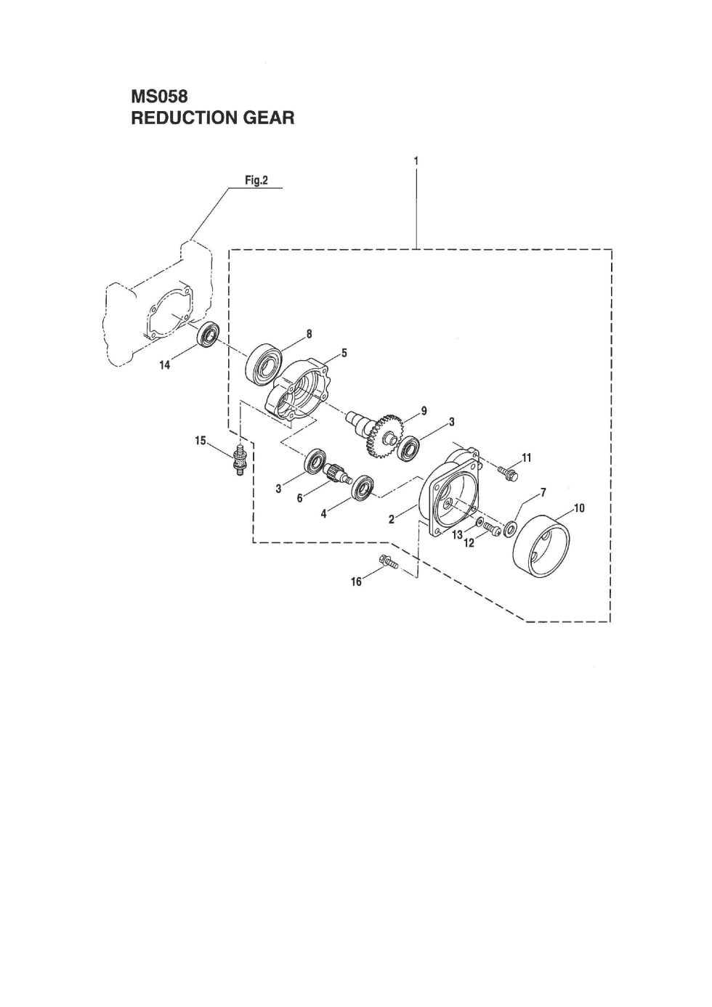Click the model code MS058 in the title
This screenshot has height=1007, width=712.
[159, 97]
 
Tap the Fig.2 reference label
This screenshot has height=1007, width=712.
[256, 181]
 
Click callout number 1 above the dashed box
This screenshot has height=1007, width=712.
[416, 161]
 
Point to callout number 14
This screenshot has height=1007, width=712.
[166, 365]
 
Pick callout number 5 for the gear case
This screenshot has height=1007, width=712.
[344, 354]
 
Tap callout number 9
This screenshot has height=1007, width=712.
[424, 410]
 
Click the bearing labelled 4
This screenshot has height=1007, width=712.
[363, 487]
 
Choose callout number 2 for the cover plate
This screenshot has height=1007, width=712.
[392, 519]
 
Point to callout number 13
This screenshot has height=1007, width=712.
[457, 535]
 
